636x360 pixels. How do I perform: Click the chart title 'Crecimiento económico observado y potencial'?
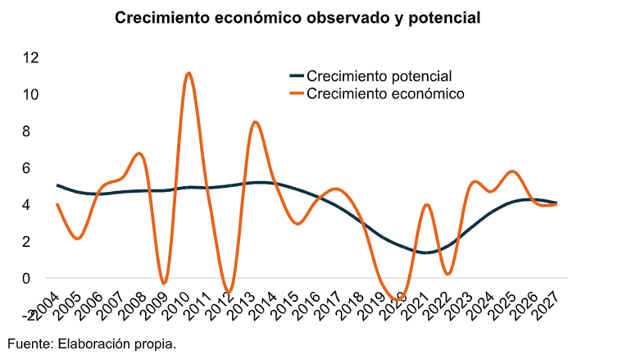[x=297, y=17]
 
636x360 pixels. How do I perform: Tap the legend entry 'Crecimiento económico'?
[x=384, y=93]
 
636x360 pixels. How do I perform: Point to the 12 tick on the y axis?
[x=31, y=57]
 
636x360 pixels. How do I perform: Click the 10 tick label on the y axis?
[x=31, y=94]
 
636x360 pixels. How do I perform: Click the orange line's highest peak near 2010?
[x=189, y=73]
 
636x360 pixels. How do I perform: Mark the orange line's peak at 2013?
[x=256, y=122]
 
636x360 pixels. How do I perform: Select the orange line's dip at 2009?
[x=164, y=284]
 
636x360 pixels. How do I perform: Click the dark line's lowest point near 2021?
[x=426, y=253]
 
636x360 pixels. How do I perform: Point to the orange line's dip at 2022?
[x=447, y=273]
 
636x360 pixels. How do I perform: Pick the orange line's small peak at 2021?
[x=427, y=204]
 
